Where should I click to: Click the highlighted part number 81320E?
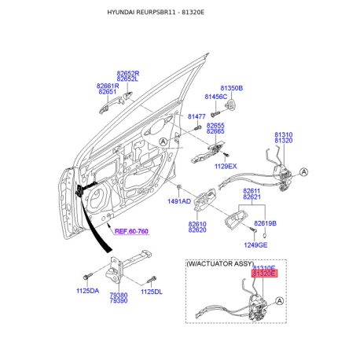(x=264, y=274)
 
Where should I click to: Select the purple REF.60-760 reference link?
(x=131, y=231)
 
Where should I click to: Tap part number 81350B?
(x=232, y=88)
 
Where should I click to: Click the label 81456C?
(x=216, y=97)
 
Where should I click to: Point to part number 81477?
(x=197, y=116)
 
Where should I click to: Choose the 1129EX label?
(x=226, y=166)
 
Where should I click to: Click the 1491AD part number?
(x=179, y=201)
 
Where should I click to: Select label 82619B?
(x=265, y=223)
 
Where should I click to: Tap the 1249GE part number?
(x=255, y=245)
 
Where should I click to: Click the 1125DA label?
(x=88, y=291)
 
